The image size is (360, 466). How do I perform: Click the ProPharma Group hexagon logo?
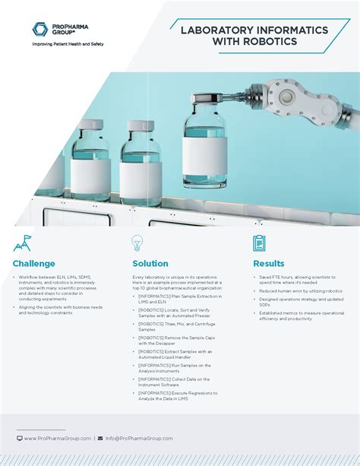pos(40,30)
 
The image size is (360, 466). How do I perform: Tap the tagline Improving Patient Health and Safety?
pos(68,44)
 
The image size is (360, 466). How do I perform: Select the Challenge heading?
pos(33,264)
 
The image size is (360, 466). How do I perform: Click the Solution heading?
pos(150,264)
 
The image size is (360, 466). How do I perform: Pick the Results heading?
pos(269,264)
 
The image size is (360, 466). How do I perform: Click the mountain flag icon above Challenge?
pos(23,243)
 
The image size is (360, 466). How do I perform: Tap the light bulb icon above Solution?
pos(137,243)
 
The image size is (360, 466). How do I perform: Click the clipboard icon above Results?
pos(259,243)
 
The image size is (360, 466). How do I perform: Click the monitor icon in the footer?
pos(20,438)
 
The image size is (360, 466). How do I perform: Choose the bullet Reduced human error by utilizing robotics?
pos(301,291)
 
